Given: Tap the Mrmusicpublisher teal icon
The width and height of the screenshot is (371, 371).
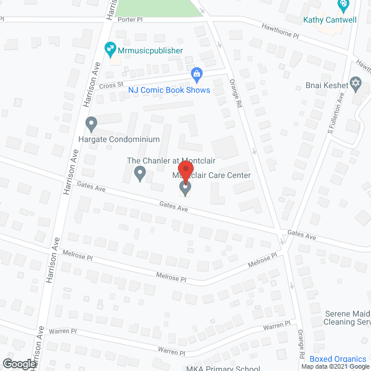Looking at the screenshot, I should pyautogui.click(x=108, y=48).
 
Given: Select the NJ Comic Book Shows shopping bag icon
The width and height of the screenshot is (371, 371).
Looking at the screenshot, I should pyautogui.click(x=197, y=74).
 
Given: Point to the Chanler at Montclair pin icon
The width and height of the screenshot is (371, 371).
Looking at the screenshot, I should pyautogui.click(x=139, y=173).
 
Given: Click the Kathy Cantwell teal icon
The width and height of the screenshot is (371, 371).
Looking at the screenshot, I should pyautogui.click(x=343, y=6).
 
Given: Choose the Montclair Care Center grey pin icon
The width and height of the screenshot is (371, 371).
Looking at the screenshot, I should pyautogui.click(x=185, y=187).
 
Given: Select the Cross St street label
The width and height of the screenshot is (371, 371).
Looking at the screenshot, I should pyautogui.click(x=111, y=85).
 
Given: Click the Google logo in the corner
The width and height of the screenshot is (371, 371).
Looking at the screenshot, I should pyautogui.click(x=19, y=363).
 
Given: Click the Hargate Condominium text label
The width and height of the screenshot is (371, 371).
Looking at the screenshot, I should pyautogui.click(x=119, y=140).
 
